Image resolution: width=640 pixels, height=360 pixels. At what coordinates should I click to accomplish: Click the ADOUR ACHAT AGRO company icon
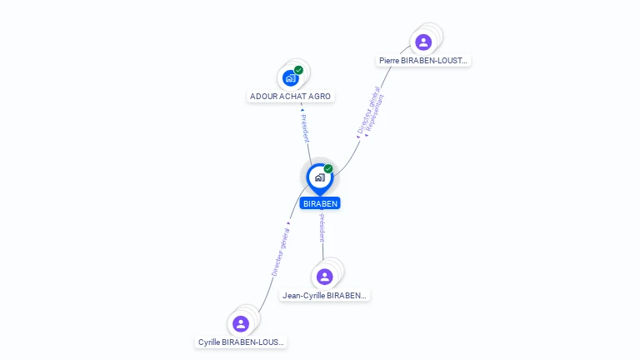[x=290, y=77]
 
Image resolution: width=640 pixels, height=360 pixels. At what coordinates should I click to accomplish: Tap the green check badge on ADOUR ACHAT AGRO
[x=298, y=70]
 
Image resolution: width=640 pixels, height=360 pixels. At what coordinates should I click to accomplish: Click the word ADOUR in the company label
[x=262, y=97]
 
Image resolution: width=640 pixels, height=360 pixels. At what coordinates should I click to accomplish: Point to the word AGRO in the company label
[x=320, y=97]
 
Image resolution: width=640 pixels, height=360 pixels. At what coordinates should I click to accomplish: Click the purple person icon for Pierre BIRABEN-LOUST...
[x=423, y=42]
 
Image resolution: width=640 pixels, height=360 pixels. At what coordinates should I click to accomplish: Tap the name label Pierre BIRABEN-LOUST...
[x=424, y=61]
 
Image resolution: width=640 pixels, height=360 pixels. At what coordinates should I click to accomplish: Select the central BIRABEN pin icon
[x=319, y=177]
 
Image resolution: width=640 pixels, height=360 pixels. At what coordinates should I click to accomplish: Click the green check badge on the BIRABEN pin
[x=328, y=169]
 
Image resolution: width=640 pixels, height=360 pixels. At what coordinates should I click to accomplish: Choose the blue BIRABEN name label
[x=320, y=203]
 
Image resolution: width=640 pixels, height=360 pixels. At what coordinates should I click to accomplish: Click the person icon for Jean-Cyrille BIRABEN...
[x=325, y=276]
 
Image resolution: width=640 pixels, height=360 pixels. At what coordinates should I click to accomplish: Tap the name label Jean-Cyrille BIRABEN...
[x=325, y=296]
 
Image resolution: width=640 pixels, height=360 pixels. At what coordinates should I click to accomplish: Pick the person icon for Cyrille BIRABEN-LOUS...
[x=241, y=323]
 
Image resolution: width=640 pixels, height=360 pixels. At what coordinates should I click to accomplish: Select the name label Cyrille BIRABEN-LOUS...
[x=241, y=342]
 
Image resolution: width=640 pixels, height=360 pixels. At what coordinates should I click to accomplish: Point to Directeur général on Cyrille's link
[x=281, y=251]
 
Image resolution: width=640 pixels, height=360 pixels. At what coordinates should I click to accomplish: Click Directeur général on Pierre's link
[x=367, y=114]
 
